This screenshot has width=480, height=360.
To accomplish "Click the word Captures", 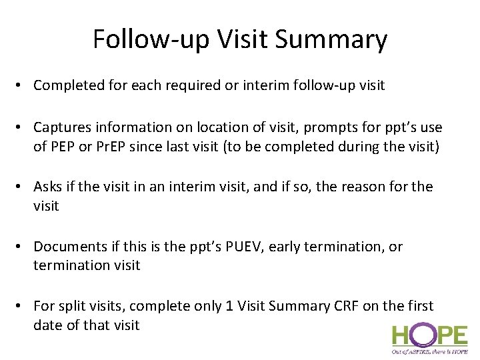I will point(61,127).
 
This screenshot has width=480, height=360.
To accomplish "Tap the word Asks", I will point(49,187).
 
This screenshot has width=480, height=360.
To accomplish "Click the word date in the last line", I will point(48,325).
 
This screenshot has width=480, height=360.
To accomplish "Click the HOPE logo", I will point(429,337).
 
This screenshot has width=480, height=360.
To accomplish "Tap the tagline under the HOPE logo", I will point(429,351).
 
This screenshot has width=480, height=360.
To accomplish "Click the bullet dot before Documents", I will point(22,247).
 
